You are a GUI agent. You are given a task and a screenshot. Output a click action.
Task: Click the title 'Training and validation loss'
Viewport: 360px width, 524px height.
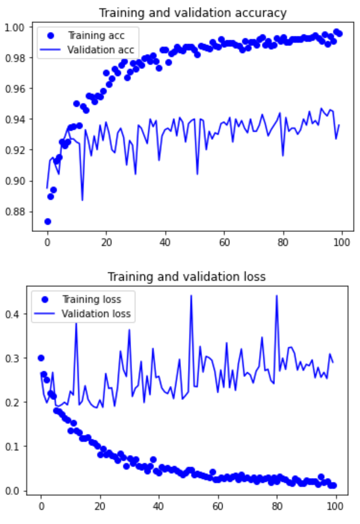tap(186, 277)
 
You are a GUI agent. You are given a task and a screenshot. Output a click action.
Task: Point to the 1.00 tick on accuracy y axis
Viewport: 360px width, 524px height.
tap(15, 27)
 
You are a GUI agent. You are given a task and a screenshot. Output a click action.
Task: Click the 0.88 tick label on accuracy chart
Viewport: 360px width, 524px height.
tap(15, 212)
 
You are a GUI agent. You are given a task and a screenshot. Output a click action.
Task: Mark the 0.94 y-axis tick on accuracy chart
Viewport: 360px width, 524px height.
tap(15, 119)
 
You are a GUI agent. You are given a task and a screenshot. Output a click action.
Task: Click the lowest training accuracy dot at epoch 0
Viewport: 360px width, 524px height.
tap(47, 221)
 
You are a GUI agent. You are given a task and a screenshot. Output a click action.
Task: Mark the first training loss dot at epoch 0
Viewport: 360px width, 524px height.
tap(41, 358)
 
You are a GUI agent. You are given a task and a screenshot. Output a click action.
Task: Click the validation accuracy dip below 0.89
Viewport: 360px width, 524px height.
tap(82, 200)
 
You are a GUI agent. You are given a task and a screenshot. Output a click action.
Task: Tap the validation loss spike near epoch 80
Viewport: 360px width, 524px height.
tap(276, 296)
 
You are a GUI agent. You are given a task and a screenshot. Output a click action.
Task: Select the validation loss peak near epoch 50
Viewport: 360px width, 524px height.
tap(191, 296)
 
